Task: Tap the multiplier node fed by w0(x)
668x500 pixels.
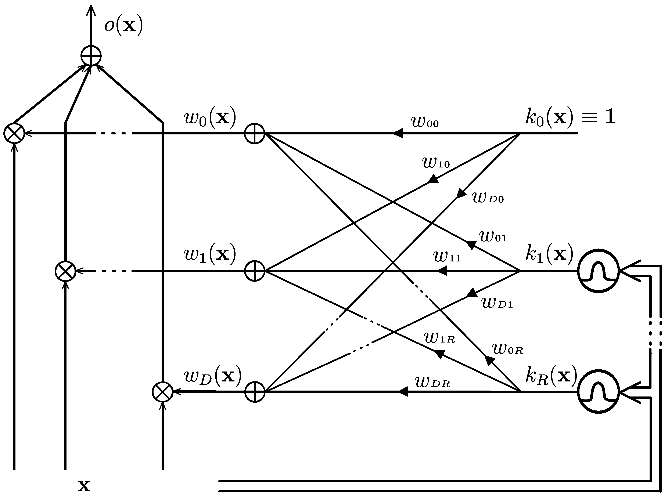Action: (14, 133)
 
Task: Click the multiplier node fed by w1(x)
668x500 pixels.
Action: (65, 271)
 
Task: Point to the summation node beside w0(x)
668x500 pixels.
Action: (255, 133)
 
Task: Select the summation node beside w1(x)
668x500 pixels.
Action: (255, 271)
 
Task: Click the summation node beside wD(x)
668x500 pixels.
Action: (255, 392)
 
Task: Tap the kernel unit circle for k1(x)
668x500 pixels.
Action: (599, 271)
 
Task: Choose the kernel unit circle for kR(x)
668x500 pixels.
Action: (599, 392)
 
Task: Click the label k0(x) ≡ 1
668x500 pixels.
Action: (570, 117)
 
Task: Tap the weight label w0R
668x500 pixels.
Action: (507, 349)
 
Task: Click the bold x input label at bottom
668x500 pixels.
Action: (84, 486)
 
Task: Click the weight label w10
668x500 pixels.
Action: (435, 163)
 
